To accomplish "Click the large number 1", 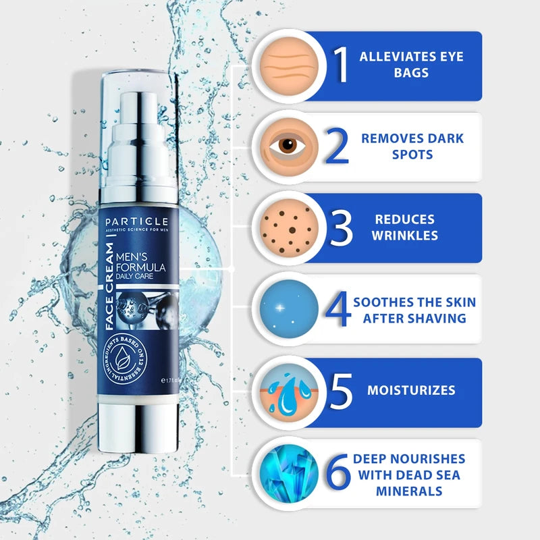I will [342, 65].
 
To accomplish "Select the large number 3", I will [342, 228].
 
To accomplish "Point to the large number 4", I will [337, 309].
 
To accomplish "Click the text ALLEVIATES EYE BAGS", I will [411, 65].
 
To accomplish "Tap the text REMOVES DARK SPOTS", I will [411, 146].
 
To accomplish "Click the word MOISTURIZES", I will [411, 391].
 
